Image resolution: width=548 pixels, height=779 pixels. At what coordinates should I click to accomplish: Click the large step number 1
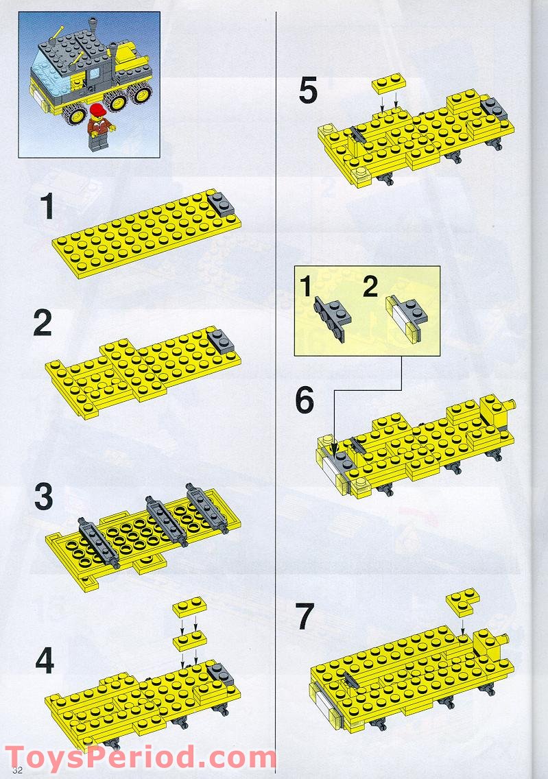[47, 206]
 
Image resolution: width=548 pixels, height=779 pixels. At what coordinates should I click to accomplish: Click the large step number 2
[43, 324]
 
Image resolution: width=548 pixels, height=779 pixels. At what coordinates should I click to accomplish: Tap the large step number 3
[43, 498]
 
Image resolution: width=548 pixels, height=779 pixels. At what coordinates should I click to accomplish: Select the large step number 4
[45, 660]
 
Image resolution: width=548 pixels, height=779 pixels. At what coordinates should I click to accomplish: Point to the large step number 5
[309, 92]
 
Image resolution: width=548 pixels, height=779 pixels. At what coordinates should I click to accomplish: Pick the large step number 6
[305, 401]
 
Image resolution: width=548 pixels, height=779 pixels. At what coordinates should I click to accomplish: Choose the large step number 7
[305, 617]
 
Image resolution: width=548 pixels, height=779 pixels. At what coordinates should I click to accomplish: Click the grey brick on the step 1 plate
[222, 204]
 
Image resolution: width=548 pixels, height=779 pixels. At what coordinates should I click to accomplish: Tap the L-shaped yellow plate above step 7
[463, 601]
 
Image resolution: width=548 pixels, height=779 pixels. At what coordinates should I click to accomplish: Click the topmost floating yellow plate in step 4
[188, 607]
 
